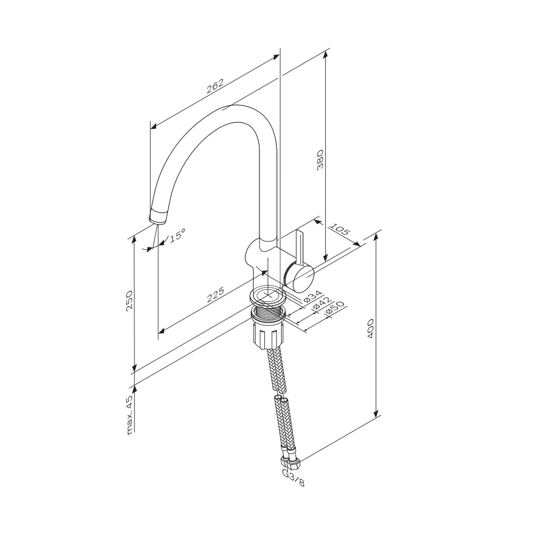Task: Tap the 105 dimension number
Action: [339, 232]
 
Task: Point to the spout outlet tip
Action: [157, 219]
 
